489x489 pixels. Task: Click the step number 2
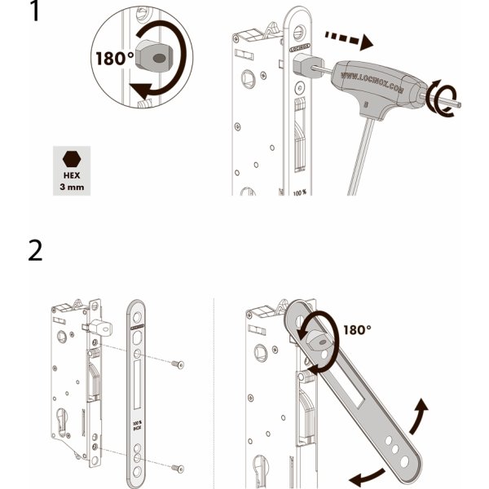(36, 249)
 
